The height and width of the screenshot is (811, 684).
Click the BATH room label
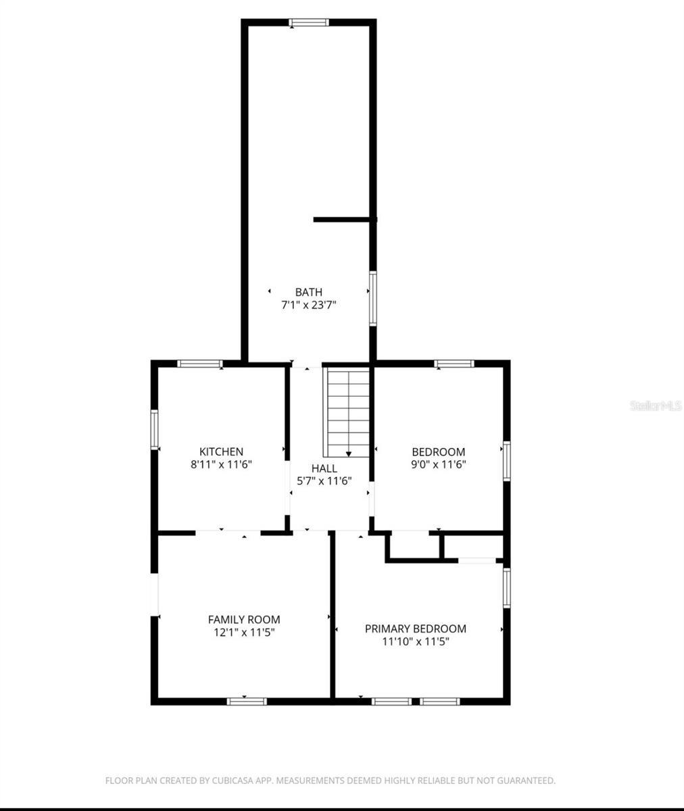309,292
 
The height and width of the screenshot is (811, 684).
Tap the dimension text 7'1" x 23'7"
309,305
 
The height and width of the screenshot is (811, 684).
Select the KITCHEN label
221,451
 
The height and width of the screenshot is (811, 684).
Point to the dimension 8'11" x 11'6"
221,464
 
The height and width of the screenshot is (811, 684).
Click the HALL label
324,468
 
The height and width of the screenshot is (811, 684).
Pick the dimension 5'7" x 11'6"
324,481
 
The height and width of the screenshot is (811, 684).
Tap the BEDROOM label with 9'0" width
439,451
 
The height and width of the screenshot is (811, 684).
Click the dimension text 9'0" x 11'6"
439,464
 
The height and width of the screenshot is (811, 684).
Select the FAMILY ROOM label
243,619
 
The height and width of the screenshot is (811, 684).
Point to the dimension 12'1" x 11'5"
243,632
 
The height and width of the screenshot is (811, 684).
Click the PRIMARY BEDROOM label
416,629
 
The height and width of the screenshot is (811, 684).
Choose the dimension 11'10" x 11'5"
416,641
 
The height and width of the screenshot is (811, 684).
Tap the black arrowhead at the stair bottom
349,455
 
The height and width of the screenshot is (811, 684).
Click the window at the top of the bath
309,22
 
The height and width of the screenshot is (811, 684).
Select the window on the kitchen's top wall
200,364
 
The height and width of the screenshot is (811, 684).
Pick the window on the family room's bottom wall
247,702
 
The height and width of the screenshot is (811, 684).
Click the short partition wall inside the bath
343,219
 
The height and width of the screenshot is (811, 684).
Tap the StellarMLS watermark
656,405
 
